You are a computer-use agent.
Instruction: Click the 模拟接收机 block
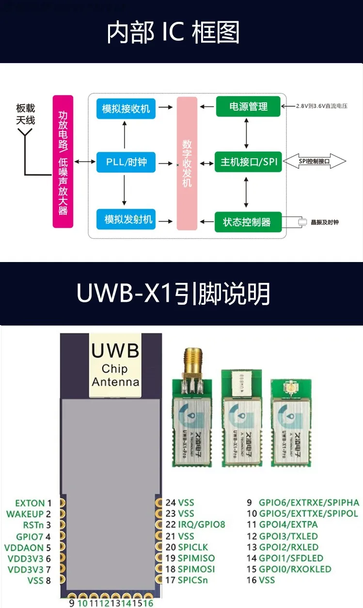[126, 108]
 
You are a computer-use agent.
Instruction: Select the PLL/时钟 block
[125, 162]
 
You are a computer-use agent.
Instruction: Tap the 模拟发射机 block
[128, 220]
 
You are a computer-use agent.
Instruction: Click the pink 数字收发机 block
[187, 163]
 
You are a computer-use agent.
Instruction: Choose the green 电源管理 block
[248, 106]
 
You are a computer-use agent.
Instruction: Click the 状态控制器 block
[246, 223]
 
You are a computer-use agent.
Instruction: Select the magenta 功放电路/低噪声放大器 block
[63, 162]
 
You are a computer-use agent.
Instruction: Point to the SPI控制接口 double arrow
[315, 162]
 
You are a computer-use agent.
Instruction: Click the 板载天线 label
[26, 114]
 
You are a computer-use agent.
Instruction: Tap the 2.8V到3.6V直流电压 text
[322, 105]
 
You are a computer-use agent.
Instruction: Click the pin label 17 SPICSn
[187, 580]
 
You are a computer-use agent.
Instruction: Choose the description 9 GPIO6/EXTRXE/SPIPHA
[303, 503]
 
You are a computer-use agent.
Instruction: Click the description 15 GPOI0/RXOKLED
[289, 569]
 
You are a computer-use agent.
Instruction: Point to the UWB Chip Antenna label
[115, 365]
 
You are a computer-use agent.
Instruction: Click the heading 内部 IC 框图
[173, 33]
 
